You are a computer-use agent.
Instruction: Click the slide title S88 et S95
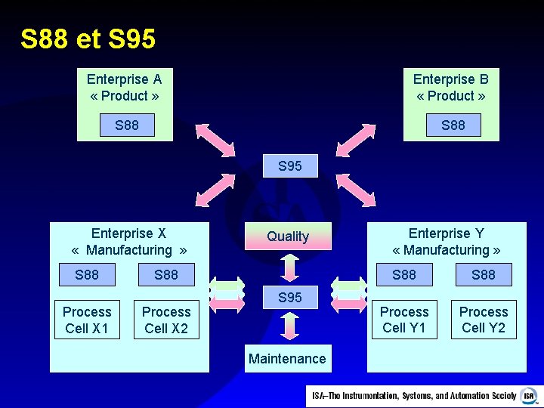[x=88, y=39]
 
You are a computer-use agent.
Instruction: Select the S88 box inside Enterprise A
[x=127, y=125]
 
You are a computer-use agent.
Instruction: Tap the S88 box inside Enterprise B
[x=453, y=125]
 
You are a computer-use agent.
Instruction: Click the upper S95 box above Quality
[x=290, y=166]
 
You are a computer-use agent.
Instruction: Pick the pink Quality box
[x=288, y=236]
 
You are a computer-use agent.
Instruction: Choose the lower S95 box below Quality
[x=290, y=298]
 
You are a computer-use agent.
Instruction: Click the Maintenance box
[x=287, y=359]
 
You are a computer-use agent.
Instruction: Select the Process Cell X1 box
[x=87, y=320]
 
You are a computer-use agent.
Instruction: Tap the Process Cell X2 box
[x=166, y=320]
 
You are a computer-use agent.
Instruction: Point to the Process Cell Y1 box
[x=404, y=320]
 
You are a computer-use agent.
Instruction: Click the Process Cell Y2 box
[x=484, y=320]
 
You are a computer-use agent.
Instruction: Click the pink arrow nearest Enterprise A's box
[x=215, y=140]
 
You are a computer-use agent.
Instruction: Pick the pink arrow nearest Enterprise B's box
[x=355, y=140]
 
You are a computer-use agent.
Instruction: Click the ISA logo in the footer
[x=528, y=396]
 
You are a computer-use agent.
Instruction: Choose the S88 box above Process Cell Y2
[x=484, y=275]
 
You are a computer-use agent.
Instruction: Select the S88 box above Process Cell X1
[x=87, y=275]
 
